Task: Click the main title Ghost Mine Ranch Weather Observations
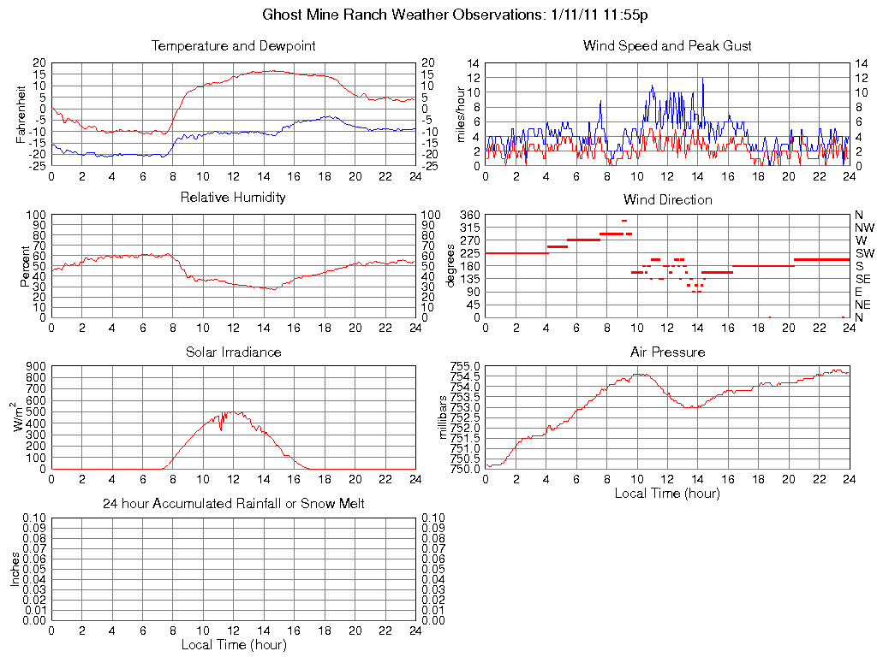pos(461,15)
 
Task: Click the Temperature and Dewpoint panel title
pos(233,46)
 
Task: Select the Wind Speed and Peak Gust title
pos(667,46)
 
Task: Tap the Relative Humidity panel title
pos(233,198)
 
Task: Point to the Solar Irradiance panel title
pos(233,352)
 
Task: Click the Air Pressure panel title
pos(667,352)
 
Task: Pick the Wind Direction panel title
pos(667,200)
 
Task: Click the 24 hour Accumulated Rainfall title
pos(233,504)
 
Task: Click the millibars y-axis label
pos(443,417)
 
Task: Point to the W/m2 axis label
pos(19,417)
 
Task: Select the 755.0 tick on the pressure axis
pos(465,366)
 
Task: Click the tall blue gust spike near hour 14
pos(703,81)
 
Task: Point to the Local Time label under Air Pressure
pos(667,494)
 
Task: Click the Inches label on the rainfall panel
pos(15,569)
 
